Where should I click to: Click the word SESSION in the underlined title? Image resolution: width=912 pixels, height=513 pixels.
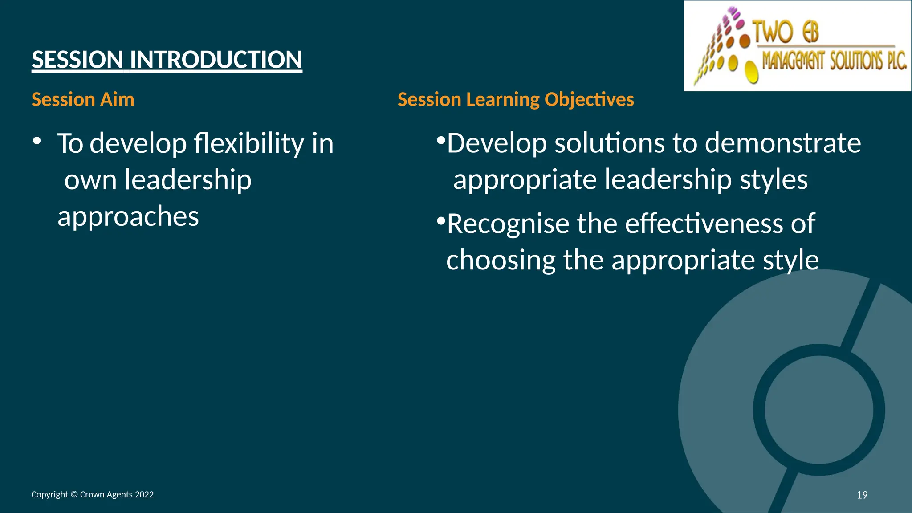pos(77,60)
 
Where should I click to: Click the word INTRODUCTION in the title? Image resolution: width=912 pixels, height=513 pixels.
pos(216,60)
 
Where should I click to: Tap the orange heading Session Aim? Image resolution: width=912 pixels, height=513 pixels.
pos(83,99)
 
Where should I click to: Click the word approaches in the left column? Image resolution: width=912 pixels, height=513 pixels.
pos(128,216)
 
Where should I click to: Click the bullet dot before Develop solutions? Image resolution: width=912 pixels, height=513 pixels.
pos(441,141)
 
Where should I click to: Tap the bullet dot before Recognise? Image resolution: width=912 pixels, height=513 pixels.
pos(441,221)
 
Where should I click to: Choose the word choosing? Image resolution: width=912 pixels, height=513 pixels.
pos(501,260)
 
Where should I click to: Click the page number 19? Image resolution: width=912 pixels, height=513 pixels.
pos(862,495)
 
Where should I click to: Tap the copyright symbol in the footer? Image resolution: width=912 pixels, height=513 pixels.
pos(74,494)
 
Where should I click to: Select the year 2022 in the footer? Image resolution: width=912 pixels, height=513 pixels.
pos(144,494)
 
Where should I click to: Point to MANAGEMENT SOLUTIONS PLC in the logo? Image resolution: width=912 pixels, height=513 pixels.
pos(834,61)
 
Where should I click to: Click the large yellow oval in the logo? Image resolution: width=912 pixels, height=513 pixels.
pos(752,72)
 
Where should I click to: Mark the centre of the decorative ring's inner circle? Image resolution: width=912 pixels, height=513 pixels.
pos(819,410)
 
